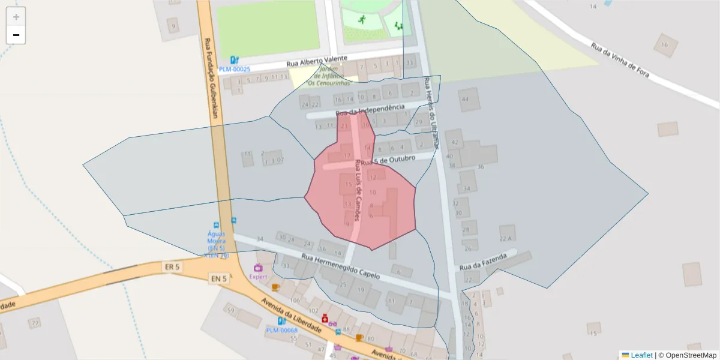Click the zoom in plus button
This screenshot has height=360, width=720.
16,17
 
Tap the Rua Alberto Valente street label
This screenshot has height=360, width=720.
317,61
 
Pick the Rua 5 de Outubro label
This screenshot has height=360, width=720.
388,160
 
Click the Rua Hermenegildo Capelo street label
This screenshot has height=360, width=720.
341,266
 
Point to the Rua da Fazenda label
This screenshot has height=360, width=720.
484,261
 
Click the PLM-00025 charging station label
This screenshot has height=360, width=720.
235,69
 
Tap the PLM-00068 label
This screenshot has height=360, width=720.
282,330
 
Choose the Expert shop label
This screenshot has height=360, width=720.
258,277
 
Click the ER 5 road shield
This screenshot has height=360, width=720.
172,265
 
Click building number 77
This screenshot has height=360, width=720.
35,323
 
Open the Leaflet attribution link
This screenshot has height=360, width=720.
641,355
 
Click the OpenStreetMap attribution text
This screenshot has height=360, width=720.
687,355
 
